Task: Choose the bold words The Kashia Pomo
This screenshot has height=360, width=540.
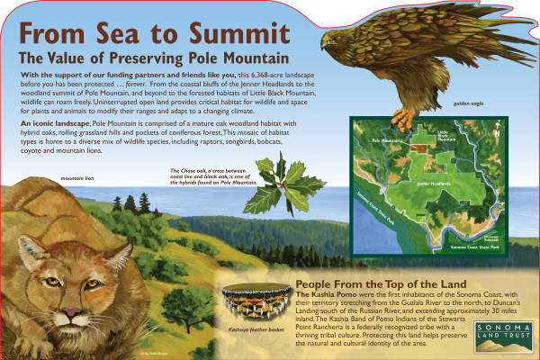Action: pos(324,294)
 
